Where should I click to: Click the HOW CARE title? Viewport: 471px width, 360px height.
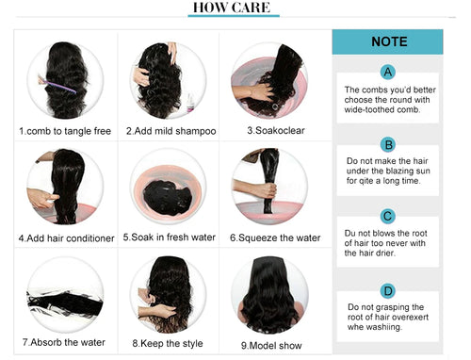[232, 8]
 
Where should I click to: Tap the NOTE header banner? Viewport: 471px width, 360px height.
[387, 41]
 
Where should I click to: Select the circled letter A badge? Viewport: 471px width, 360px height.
[388, 72]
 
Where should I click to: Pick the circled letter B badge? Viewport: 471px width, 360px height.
[388, 145]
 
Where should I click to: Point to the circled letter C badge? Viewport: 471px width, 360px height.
[387, 217]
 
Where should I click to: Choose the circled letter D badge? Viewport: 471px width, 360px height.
[388, 291]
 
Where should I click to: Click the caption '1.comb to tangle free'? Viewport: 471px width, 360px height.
[65, 131]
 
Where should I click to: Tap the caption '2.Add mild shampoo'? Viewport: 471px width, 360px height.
[171, 131]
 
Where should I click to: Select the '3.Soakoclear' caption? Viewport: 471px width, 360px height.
[276, 130]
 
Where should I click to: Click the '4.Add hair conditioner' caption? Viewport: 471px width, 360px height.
[66, 238]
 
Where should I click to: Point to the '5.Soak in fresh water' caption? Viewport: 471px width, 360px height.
[170, 237]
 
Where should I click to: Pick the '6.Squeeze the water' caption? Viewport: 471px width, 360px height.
[275, 237]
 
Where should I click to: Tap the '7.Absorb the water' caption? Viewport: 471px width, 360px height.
[64, 342]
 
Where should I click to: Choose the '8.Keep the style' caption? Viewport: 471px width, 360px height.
[168, 343]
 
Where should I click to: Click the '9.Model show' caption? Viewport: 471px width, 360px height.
[271, 346]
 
